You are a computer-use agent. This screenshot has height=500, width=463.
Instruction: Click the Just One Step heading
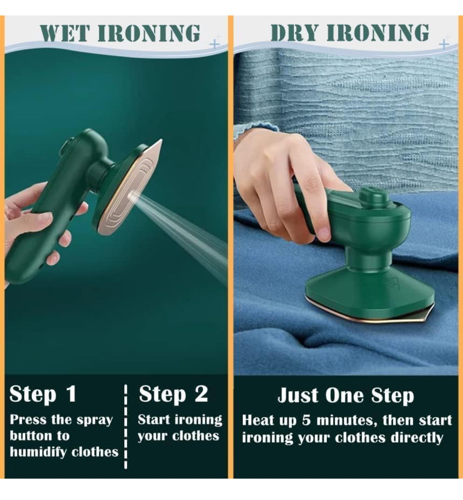tap(345, 395)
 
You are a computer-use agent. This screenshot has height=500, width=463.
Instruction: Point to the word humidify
tap(44, 452)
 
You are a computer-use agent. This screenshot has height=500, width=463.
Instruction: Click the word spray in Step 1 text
tap(95, 420)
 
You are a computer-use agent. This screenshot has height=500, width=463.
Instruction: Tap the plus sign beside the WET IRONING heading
tap(214, 43)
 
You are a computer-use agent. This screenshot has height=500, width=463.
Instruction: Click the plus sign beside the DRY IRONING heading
tap(444, 43)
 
